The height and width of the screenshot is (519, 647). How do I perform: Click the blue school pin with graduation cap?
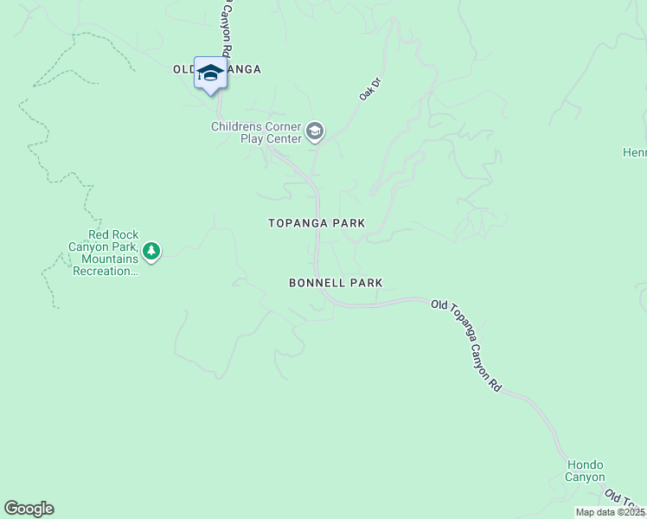point(210,73)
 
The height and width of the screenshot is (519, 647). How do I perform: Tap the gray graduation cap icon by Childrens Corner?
point(315,131)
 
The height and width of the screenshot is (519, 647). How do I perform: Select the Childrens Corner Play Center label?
point(256,132)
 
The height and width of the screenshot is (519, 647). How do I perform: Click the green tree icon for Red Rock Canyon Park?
point(152,252)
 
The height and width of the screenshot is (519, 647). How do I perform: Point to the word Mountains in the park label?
point(110,259)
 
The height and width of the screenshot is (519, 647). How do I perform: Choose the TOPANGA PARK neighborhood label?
point(317,223)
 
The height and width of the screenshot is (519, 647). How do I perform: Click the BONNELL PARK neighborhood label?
point(336,283)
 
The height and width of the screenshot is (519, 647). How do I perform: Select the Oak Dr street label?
point(370,89)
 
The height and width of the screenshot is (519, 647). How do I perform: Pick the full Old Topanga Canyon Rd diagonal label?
point(467,347)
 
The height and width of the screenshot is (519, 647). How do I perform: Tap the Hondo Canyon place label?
point(586,471)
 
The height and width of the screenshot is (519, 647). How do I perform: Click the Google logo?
point(29,509)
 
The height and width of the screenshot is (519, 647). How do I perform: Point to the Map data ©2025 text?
point(610,512)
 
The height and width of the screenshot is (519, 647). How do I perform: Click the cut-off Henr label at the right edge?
point(634,152)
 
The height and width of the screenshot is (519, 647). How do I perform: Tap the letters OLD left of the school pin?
point(183,69)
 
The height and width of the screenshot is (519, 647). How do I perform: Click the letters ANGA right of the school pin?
point(244,69)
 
